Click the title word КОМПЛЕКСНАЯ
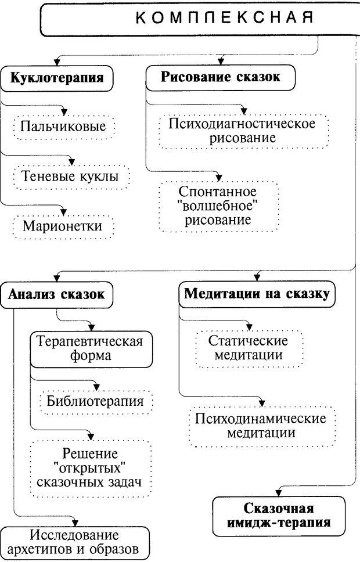tap(224, 18)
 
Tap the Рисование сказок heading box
tap(220, 78)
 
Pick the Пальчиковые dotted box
tap(63, 126)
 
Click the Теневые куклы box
tap(69, 175)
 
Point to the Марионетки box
tap(62, 225)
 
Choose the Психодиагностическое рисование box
tap(243, 131)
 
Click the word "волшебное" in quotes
tap(219, 206)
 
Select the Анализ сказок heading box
tap(56, 294)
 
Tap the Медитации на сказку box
tap(257, 294)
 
